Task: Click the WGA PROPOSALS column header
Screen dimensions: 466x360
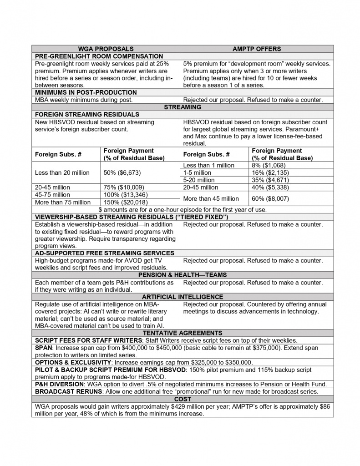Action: coord(106,49)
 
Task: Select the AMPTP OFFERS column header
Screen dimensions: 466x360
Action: coord(257,49)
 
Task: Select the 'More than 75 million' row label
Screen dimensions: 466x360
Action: coord(63,202)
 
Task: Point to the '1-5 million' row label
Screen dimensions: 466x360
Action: coord(197,172)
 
